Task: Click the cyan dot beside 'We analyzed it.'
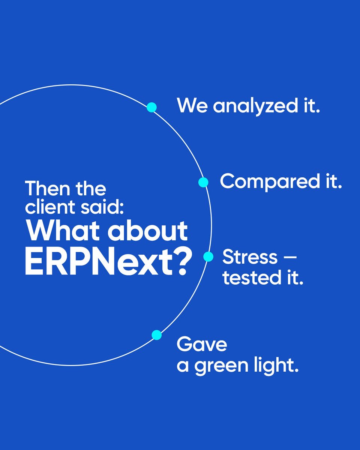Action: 151,108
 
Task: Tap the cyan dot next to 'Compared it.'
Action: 203,182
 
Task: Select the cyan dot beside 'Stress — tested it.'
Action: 208,257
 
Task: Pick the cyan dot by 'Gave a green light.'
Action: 157,335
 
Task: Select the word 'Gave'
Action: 202,344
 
